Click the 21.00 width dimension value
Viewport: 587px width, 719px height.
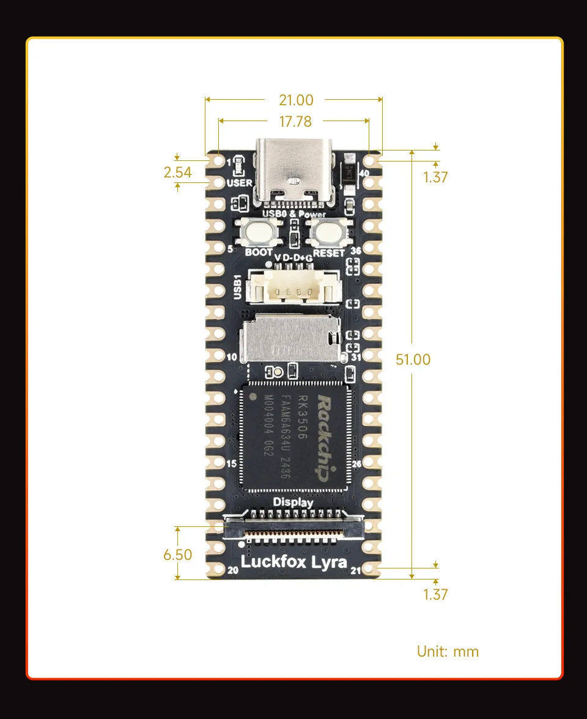(296, 100)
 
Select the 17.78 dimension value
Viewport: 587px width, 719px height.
(295, 121)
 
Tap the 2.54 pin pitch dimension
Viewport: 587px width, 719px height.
(177, 172)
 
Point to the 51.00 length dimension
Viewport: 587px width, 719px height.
(413, 359)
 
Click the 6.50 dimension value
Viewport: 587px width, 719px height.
(177, 555)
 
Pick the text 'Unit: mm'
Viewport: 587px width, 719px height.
(448, 651)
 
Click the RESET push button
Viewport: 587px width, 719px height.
(329, 233)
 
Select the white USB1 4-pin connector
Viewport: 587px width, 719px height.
(293, 286)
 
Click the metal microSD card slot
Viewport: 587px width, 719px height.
(291, 340)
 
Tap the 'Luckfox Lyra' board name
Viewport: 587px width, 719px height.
(293, 562)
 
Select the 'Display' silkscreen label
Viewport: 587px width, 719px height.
(293, 502)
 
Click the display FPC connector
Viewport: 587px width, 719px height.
(293, 526)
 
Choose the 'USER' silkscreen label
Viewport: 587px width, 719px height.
(238, 183)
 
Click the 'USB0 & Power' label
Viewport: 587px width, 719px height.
(293, 214)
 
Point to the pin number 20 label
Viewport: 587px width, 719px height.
(232, 570)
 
